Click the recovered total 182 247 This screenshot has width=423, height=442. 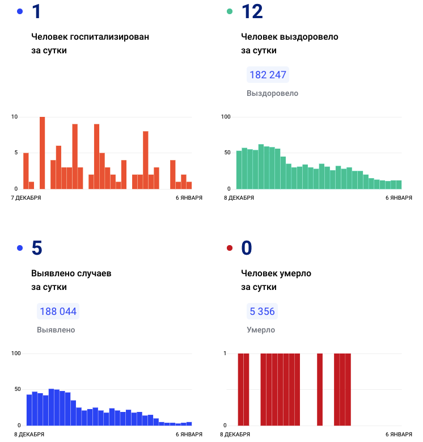pos(268,75)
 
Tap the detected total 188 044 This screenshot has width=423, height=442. pos(58,311)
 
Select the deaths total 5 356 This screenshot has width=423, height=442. pos(263,311)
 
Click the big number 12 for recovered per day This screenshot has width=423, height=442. pos(252,12)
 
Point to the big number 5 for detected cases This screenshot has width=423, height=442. pos(37,248)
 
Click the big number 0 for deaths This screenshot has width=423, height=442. pos(247,248)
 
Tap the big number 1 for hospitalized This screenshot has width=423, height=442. pos(36,12)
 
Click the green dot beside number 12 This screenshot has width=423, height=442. pos(230,11)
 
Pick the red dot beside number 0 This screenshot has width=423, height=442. pos(230,248)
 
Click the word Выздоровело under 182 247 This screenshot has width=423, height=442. pos(272,93)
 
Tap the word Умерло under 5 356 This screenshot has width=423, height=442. pos(261,330)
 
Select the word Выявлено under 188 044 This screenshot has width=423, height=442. pos(56,330)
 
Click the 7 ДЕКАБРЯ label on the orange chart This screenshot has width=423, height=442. pos(26,197)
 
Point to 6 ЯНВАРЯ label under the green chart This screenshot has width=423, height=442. pos(399,197)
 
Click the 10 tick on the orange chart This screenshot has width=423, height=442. pos(14,117)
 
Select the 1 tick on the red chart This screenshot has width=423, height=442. pos(225,353)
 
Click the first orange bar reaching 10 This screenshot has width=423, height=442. pos(43,153)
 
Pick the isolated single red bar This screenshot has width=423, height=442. pos(320,389)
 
